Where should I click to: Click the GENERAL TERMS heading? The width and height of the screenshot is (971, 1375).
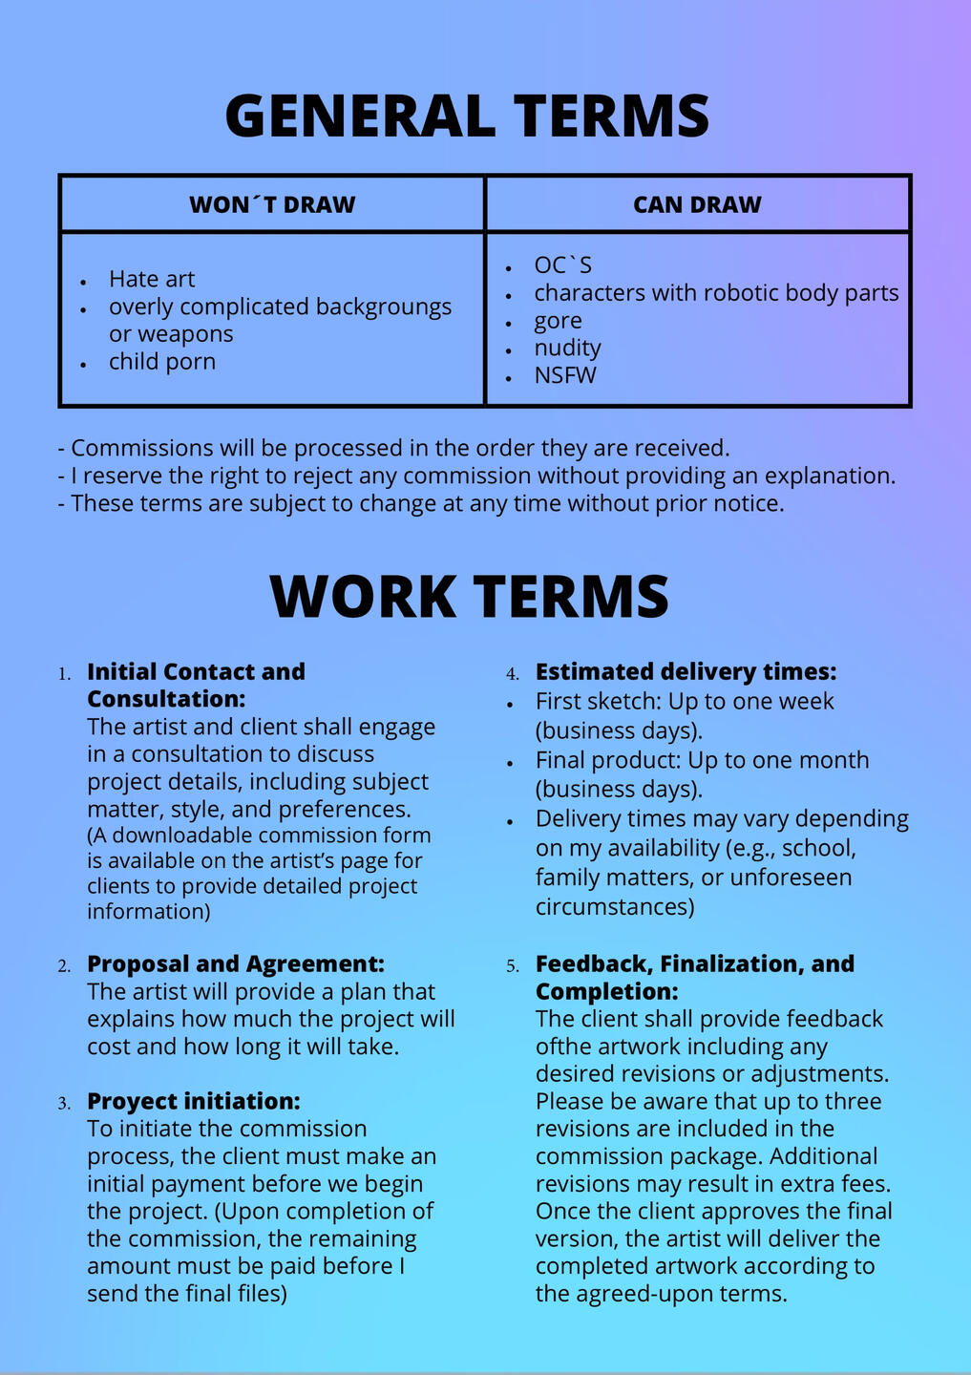click(467, 116)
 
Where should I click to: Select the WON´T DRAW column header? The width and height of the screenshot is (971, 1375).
click(272, 204)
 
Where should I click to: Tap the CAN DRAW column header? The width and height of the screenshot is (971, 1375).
click(697, 204)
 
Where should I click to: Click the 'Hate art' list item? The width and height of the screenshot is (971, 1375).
click(152, 279)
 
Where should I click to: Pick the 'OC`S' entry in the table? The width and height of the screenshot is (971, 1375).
click(562, 265)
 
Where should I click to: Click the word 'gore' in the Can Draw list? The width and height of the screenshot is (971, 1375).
click(558, 321)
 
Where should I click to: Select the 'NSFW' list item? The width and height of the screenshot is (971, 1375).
click(565, 375)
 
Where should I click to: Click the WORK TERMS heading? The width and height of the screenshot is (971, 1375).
click(469, 596)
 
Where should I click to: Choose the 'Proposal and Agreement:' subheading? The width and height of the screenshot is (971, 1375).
click(235, 963)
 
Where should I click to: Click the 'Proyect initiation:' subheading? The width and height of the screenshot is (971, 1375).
click(193, 1101)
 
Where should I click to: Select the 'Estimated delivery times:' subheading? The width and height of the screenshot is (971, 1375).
click(686, 671)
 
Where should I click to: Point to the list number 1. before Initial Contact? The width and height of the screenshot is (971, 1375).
click(64, 674)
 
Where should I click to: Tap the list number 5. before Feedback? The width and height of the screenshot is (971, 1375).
click(513, 966)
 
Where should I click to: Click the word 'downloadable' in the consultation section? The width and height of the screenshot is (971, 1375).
click(176, 836)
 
